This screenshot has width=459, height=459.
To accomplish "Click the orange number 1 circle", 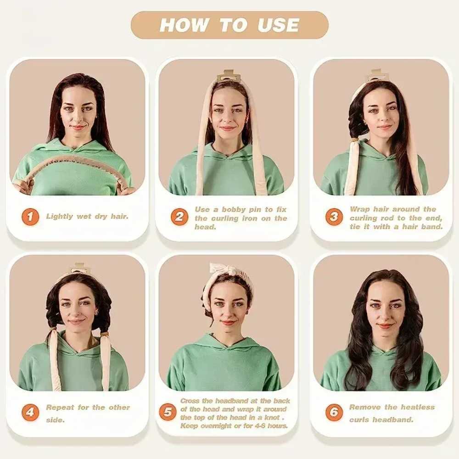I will click(30, 216).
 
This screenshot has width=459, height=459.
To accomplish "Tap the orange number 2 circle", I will click(179, 217).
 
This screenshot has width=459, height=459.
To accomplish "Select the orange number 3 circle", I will click(334, 217).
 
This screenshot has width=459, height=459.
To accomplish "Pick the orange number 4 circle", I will click(30, 412).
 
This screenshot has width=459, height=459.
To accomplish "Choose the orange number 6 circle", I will click(334, 412).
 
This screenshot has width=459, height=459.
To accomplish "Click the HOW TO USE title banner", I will click(229, 25).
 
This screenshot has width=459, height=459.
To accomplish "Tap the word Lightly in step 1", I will click(60, 216).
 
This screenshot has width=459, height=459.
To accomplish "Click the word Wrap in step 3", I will click(359, 209).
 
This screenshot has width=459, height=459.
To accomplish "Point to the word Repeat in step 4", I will click(61, 407).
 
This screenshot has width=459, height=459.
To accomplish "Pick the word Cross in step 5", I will click(190, 401).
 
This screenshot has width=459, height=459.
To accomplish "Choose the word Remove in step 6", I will click(365, 407).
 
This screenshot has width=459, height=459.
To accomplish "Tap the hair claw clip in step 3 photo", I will click(376, 75).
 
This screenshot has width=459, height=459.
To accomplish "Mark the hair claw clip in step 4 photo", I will click(79, 268).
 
